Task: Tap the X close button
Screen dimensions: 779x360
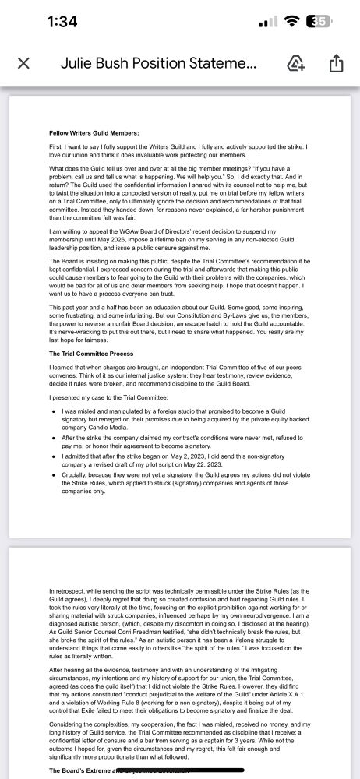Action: (23, 63)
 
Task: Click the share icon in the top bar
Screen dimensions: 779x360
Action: (337, 63)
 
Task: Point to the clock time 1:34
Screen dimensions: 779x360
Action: (62, 22)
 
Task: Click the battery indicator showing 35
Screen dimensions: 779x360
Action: (318, 22)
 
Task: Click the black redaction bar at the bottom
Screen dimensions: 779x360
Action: (156, 771)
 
